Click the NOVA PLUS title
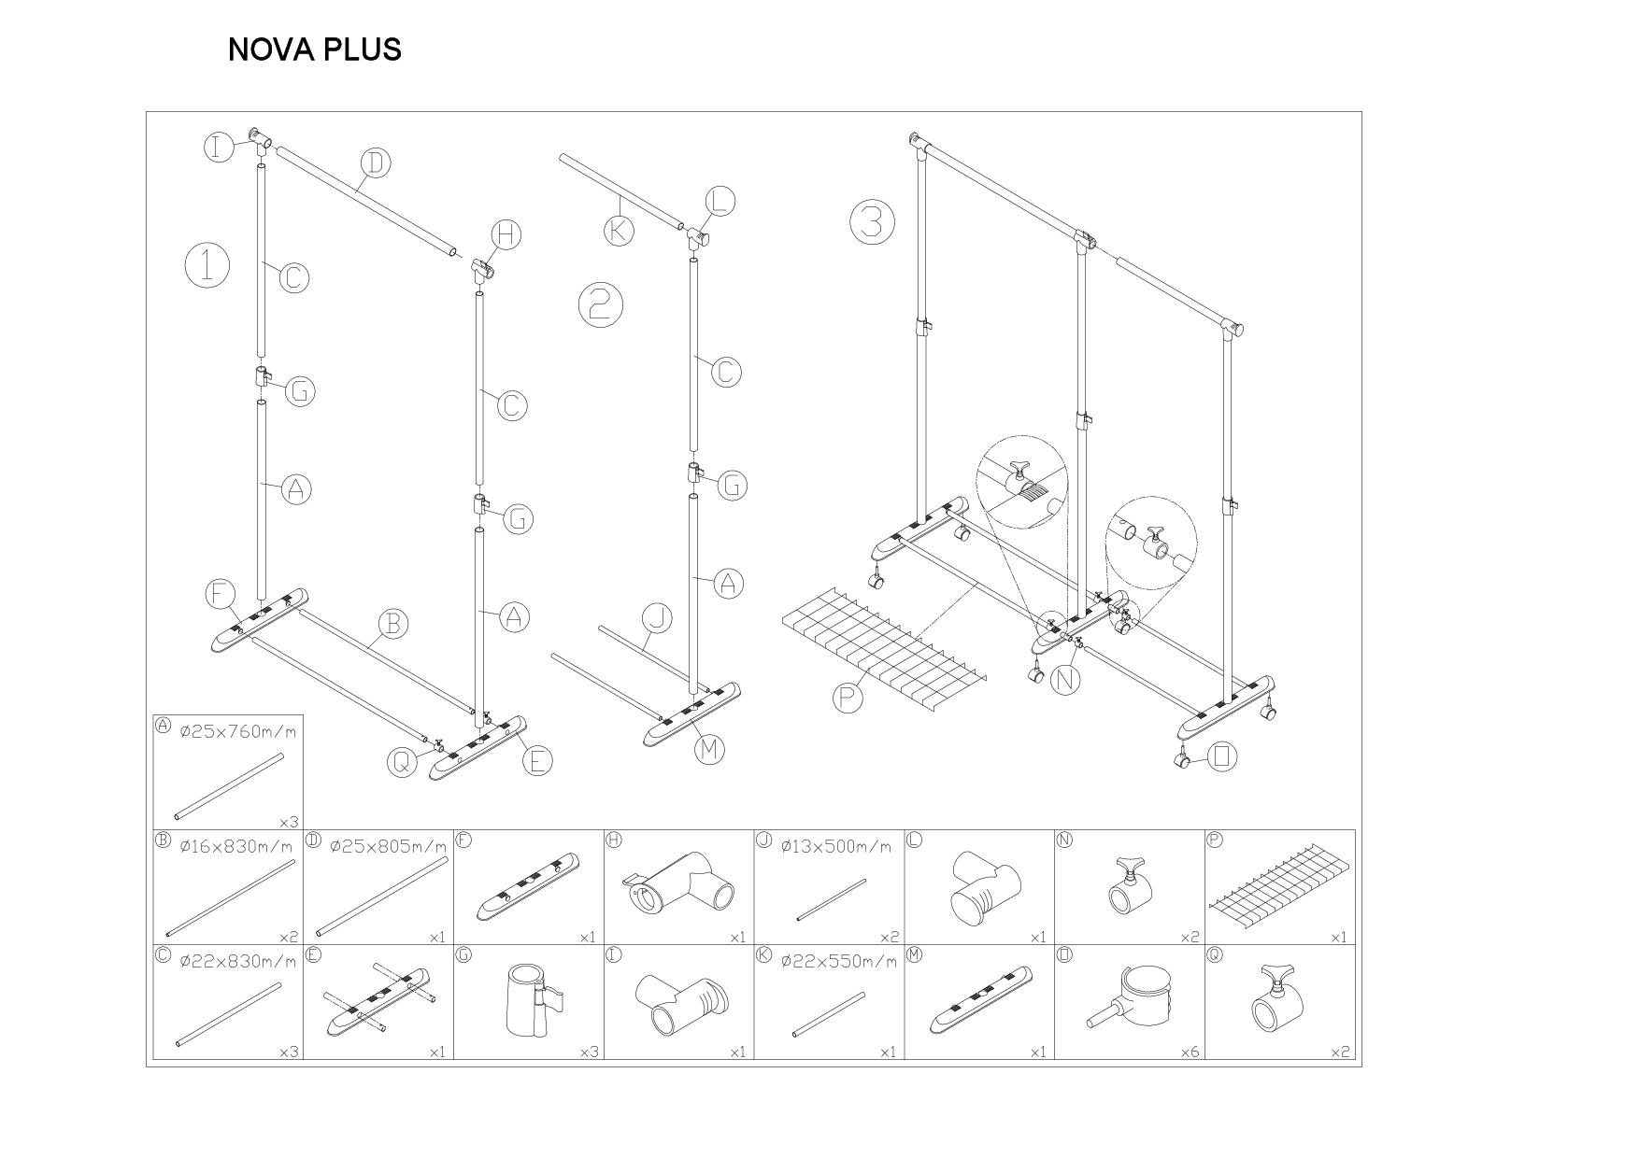pos(314,49)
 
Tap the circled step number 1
pos(207,265)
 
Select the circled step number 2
pos(600,304)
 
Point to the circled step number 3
pos(872,222)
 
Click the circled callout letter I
pos(219,147)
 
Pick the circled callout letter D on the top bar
pos(375,162)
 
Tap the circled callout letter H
pos(506,234)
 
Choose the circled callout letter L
pos(719,201)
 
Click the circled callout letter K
pos(618,230)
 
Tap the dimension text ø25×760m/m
pos(237,731)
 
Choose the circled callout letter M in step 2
pos(710,748)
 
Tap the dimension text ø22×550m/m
pos(837,961)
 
